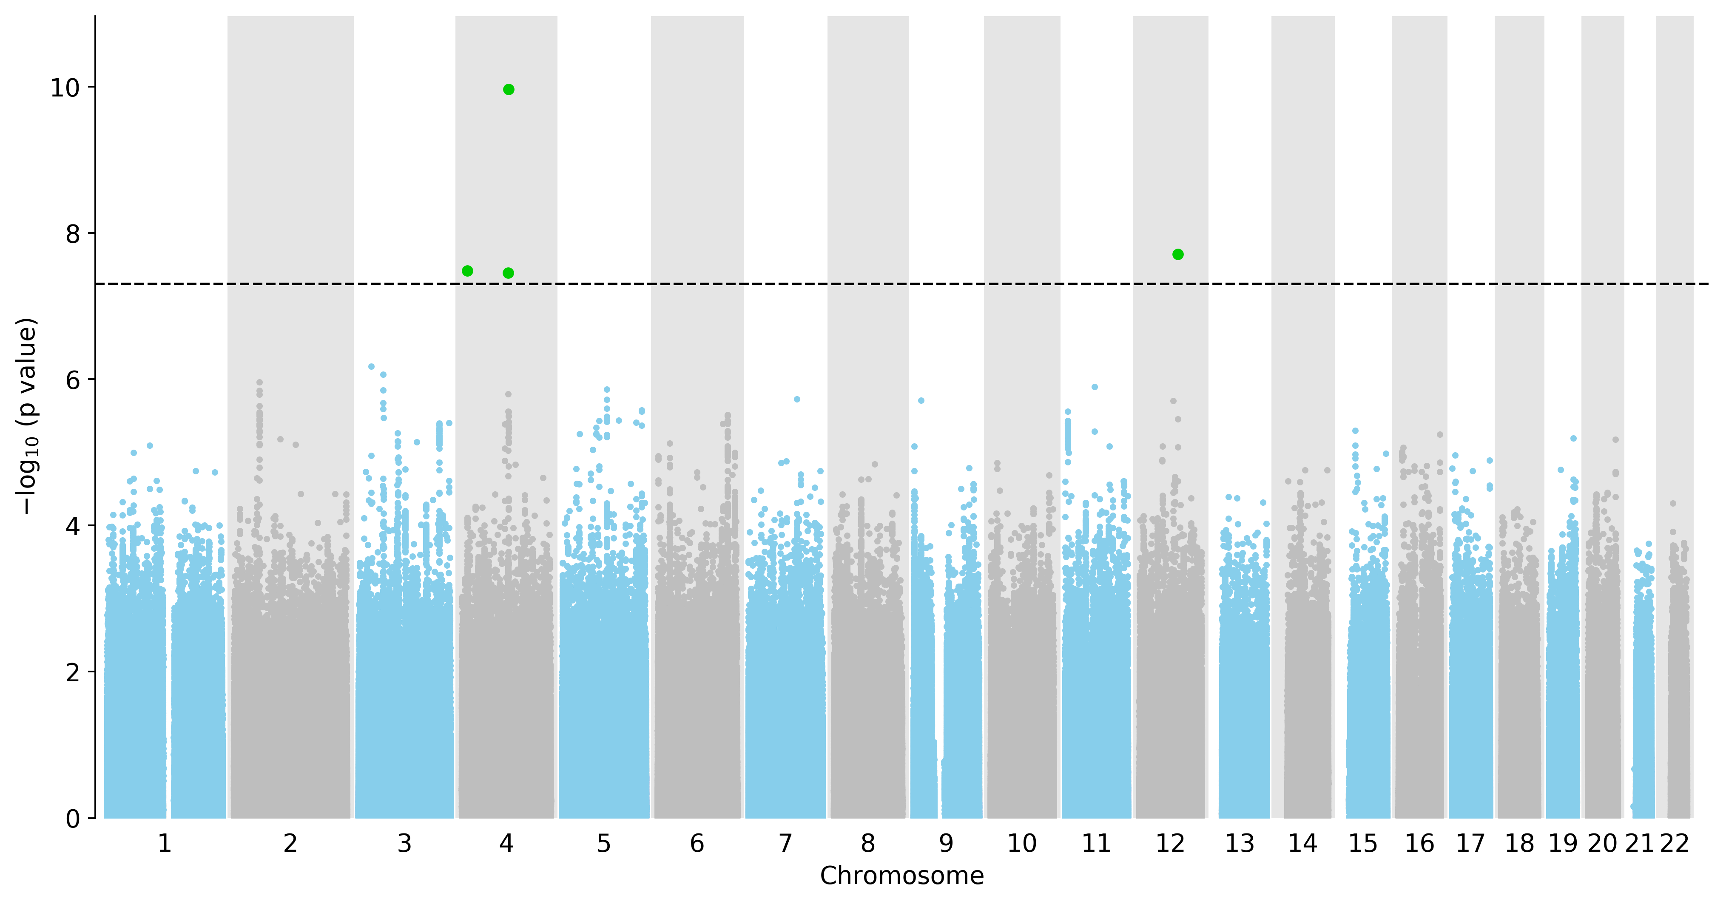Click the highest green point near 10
point(509,90)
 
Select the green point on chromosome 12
point(1178,255)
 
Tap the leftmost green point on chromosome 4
point(468,271)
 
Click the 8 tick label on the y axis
point(72,234)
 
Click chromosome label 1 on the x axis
point(165,844)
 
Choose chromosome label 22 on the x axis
point(1675,844)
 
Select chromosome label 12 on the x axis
point(1171,844)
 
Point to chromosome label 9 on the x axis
point(946,844)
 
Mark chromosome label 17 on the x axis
point(1471,844)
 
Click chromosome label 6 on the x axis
point(697,844)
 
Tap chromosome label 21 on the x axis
point(1640,844)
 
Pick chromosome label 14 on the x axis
point(1302,844)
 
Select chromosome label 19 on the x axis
point(1563,844)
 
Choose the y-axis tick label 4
point(72,526)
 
